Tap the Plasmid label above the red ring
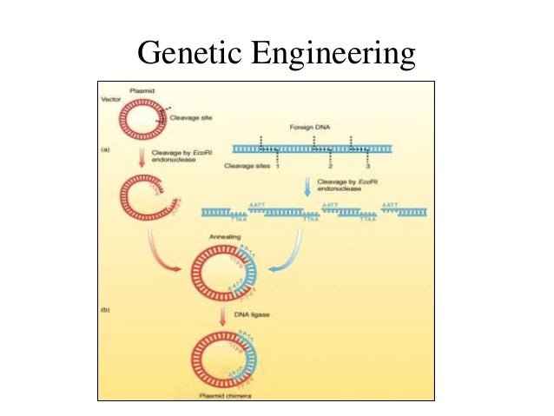point(141,90)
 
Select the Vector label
point(109,100)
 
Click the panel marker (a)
point(104,149)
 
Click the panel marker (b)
point(104,309)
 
